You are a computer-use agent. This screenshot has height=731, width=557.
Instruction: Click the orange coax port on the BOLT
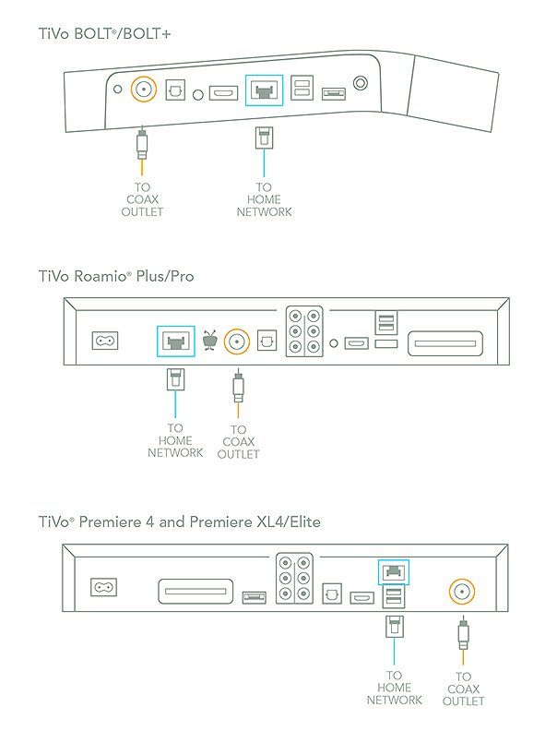pyautogui.click(x=143, y=90)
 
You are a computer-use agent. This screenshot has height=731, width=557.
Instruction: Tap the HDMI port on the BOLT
pyautogui.click(x=224, y=93)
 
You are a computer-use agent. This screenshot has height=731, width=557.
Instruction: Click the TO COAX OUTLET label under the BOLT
pyautogui.click(x=143, y=198)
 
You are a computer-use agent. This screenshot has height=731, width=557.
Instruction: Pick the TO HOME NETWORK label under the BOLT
pyautogui.click(x=264, y=198)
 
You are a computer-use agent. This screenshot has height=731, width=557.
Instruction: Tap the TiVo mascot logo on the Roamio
pyautogui.click(x=210, y=341)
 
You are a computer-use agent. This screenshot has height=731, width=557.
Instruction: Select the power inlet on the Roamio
pyautogui.click(x=104, y=341)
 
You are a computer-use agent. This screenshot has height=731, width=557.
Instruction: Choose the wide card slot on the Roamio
pyautogui.click(x=444, y=342)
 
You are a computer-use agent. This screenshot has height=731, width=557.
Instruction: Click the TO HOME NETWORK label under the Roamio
pyautogui.click(x=175, y=440)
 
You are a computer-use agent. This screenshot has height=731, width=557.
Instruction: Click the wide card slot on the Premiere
pyautogui.click(x=196, y=592)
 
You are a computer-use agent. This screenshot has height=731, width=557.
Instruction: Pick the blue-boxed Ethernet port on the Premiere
pyautogui.click(x=394, y=572)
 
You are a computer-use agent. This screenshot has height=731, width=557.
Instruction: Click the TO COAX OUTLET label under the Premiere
pyautogui.click(x=462, y=689)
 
